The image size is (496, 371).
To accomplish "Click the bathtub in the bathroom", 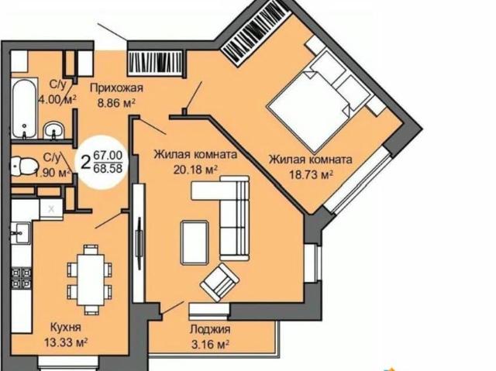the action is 25,108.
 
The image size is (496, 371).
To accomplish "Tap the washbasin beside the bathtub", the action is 53,130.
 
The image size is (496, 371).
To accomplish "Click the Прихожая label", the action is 116,88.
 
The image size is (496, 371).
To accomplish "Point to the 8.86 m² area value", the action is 116,103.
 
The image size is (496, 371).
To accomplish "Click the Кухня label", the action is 66,327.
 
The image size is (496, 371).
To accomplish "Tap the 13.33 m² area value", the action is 66,342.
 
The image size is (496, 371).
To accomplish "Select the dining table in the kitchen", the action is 91,280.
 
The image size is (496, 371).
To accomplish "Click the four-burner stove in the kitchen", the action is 21,278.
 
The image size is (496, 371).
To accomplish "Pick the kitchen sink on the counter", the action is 21,233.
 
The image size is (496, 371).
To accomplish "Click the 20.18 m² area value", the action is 195,170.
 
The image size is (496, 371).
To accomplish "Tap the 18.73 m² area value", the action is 312,174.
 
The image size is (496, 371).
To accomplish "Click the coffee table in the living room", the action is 195,242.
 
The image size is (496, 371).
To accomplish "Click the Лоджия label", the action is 210,330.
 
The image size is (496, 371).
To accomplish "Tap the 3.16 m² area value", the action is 210,345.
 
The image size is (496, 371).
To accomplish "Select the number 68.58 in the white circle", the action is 108,168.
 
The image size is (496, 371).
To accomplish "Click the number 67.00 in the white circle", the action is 108,156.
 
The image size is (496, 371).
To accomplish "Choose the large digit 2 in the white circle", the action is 85,163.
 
